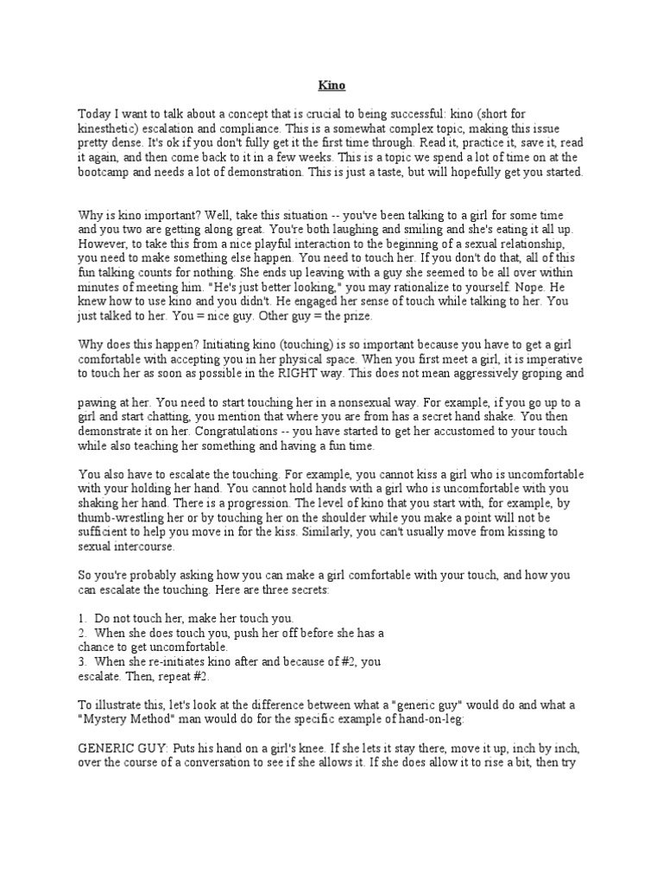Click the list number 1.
82,619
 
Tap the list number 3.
82,661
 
